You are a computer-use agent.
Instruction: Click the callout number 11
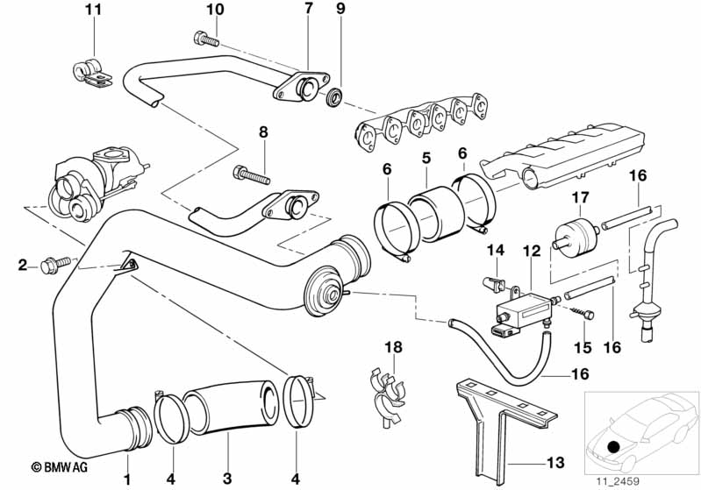94,11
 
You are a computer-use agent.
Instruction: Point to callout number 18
395,348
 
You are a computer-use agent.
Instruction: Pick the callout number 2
23,264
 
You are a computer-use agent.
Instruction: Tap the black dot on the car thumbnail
614,448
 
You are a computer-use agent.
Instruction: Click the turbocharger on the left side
92,180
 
